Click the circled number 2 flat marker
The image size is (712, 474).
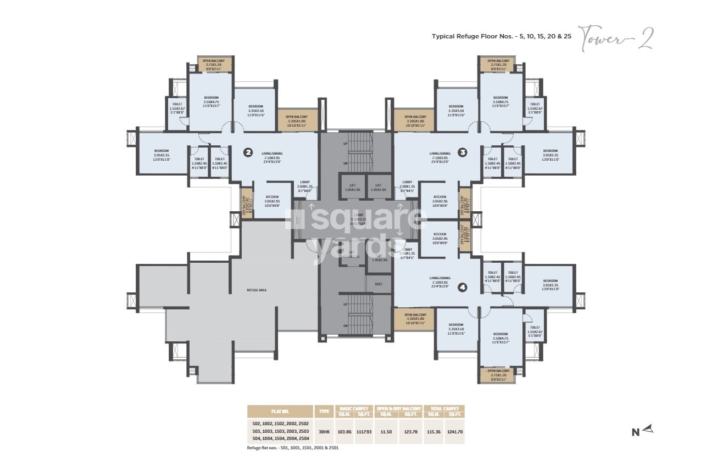coord(248,153)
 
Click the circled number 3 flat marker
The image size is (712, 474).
coord(463,153)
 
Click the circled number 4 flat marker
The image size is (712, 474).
coord(462,286)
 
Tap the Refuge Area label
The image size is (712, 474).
coord(257,290)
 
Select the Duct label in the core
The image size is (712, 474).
coord(379,284)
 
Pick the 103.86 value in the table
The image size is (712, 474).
coord(343,432)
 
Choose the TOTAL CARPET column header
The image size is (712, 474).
coord(444,408)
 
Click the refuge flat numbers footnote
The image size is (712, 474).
coord(293,448)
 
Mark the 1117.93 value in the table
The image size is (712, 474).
coord(363,432)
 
